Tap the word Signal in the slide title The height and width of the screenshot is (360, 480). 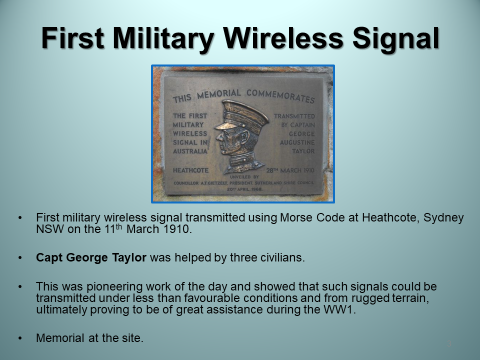point(396,38)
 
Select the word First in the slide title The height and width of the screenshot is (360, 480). point(72,38)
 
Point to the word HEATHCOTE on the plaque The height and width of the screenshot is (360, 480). point(190,170)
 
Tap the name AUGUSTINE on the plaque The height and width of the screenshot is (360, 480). point(297,142)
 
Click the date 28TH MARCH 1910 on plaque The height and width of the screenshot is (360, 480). point(290,170)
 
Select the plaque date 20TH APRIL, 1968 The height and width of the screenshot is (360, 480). point(244,189)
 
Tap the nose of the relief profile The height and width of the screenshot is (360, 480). point(218,137)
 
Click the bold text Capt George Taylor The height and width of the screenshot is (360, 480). point(91,257)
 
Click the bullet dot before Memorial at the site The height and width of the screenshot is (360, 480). point(20,338)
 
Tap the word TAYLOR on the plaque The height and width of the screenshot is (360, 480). point(303,151)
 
